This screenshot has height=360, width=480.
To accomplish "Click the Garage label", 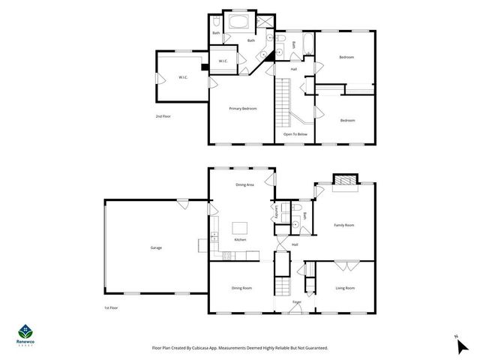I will (155, 247).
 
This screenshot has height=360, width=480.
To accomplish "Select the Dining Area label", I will (245, 184).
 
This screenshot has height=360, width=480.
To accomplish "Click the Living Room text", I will (344, 288).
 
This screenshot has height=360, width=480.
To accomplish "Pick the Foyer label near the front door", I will (296, 302).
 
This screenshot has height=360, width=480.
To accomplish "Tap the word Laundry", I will (277, 212).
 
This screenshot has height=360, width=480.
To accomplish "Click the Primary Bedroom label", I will (243, 109).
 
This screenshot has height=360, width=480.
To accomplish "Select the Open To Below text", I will (295, 134).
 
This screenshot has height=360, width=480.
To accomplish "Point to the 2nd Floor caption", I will (163, 116).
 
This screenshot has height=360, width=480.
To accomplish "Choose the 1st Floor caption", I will (111, 307).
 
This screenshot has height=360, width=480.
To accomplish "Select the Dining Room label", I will (241, 288).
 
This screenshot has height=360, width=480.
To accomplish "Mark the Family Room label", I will (344, 225).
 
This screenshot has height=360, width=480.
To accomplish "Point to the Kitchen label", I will (240, 239).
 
